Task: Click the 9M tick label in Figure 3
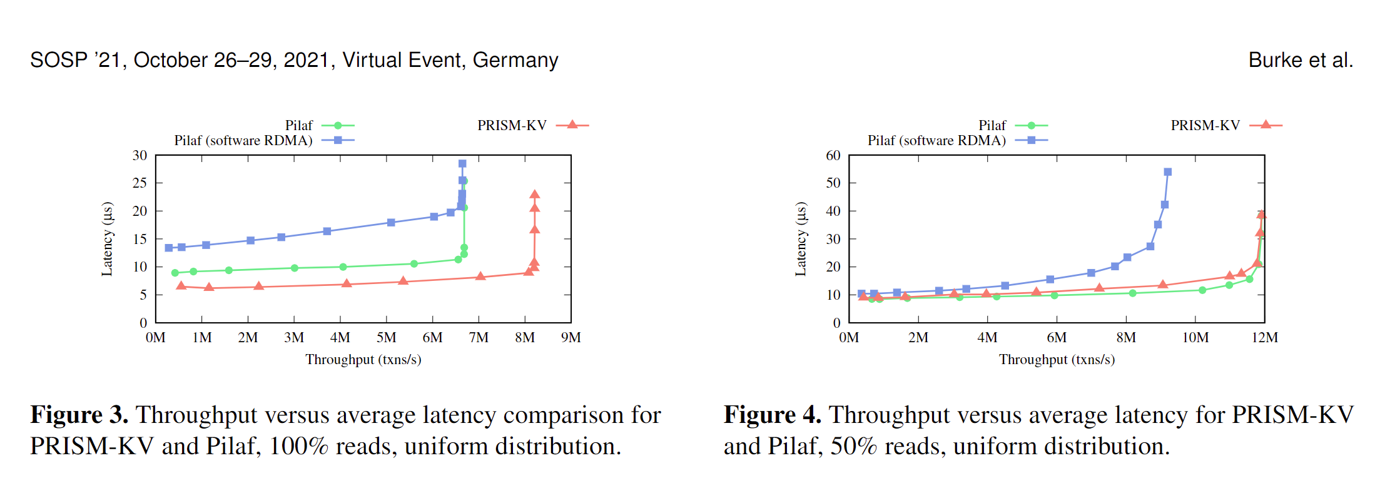tap(571, 338)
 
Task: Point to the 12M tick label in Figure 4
tap(1264, 338)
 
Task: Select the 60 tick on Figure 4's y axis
tap(833, 155)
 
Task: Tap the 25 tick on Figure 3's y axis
tap(140, 183)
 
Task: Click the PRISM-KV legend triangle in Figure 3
tap(572, 125)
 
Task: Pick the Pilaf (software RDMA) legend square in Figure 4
tap(1031, 140)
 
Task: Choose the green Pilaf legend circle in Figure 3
tap(338, 125)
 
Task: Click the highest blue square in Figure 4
tap(1167, 172)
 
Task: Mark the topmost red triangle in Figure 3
tap(534, 195)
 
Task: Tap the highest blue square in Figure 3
tap(462, 164)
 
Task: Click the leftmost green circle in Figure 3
tap(175, 273)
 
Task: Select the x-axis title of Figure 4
tap(1057, 360)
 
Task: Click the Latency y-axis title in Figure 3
tap(108, 239)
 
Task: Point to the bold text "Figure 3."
tap(79, 415)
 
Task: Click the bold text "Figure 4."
tap(773, 415)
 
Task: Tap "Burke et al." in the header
tap(1301, 60)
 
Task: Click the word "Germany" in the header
tap(515, 60)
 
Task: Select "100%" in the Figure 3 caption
tap(298, 447)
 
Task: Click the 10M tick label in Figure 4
tap(1195, 338)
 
